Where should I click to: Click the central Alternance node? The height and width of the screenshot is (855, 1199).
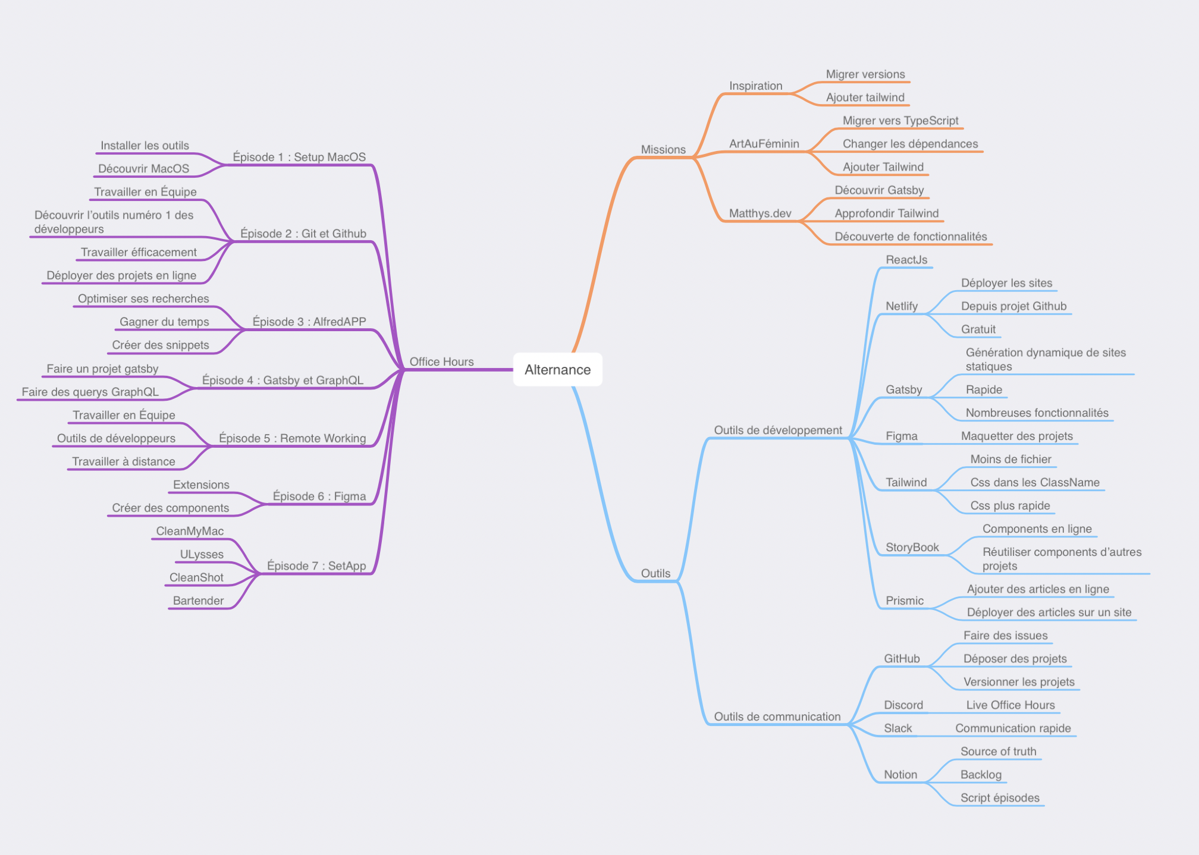tap(557, 370)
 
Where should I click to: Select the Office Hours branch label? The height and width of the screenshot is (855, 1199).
tap(441, 362)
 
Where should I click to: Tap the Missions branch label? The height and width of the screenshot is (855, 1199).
tap(663, 150)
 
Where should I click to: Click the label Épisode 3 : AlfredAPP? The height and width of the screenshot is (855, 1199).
tap(309, 322)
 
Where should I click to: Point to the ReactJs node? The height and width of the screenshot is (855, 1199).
tap(906, 260)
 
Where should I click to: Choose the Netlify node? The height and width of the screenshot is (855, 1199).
tap(902, 306)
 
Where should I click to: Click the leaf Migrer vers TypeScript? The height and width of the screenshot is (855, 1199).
tap(900, 121)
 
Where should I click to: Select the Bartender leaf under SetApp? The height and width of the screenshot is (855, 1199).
tap(198, 601)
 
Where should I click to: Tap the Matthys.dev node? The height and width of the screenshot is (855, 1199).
tap(760, 213)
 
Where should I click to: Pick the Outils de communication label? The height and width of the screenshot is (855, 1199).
tap(777, 716)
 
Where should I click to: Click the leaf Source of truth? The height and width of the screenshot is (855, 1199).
tap(998, 752)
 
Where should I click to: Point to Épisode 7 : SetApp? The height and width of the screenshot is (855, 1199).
tap(316, 566)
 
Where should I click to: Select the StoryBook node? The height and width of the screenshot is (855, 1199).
tap(912, 548)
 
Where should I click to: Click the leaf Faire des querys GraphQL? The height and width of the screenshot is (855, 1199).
tap(90, 392)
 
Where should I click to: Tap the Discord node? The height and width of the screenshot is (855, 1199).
tap(903, 705)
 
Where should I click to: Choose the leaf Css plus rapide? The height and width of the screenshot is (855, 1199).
tap(1010, 506)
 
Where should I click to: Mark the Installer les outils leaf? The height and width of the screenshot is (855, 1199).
tap(145, 146)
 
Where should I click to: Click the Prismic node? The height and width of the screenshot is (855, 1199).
tap(905, 601)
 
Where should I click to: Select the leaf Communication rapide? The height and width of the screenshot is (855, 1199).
tap(1013, 728)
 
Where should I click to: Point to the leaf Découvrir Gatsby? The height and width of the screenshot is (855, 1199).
tap(879, 190)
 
